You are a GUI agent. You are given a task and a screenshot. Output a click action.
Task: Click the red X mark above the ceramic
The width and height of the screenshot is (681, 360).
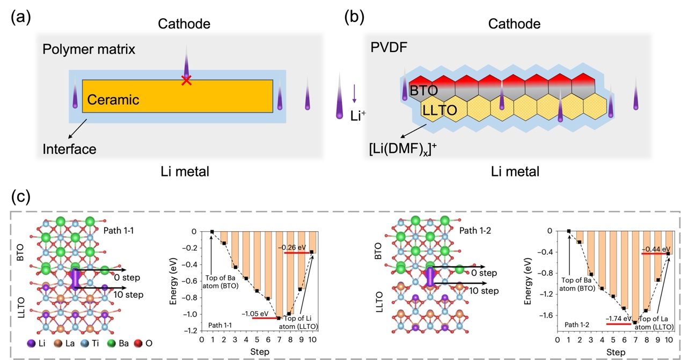click(x=186, y=81)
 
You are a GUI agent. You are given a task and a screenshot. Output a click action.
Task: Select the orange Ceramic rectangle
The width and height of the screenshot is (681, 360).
click(x=177, y=96)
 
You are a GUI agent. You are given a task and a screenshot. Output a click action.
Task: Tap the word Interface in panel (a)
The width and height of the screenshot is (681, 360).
click(x=70, y=149)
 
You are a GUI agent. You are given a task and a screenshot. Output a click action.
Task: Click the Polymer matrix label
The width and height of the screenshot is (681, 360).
click(x=89, y=50)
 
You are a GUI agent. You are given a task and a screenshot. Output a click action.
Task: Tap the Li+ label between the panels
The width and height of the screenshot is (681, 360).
click(x=356, y=114)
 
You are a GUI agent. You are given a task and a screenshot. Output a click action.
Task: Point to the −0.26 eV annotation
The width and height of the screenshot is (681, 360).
click(x=291, y=247)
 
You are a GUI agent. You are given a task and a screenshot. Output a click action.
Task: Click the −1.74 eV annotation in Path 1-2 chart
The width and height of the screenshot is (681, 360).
click(x=618, y=319)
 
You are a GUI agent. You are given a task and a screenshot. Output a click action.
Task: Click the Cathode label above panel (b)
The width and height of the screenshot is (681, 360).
click(x=515, y=24)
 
